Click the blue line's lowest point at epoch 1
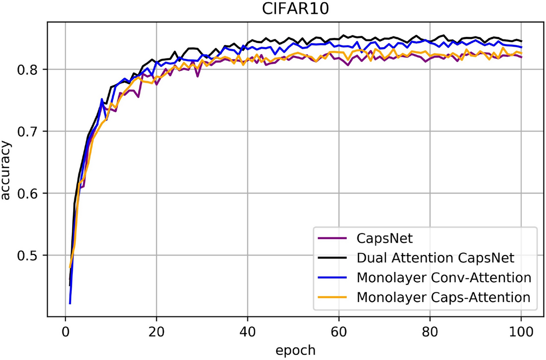tap(70, 304)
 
